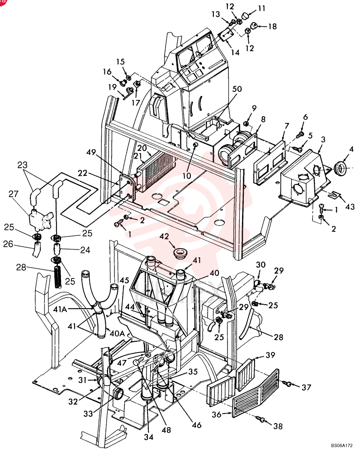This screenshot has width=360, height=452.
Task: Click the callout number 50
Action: (x=237, y=89)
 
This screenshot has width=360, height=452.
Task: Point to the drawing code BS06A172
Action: (x=341, y=445)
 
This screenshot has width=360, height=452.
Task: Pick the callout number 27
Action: (x=13, y=194)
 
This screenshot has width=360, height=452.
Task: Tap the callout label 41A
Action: (x=60, y=309)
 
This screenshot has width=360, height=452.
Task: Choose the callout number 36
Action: (x=216, y=414)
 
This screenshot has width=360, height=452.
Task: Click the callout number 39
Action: (x=270, y=355)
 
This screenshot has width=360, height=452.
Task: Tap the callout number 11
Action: (x=261, y=8)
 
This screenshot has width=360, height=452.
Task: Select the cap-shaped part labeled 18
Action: (x=254, y=26)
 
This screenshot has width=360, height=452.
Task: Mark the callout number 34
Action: (x=148, y=437)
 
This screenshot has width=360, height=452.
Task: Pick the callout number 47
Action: (x=122, y=362)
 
